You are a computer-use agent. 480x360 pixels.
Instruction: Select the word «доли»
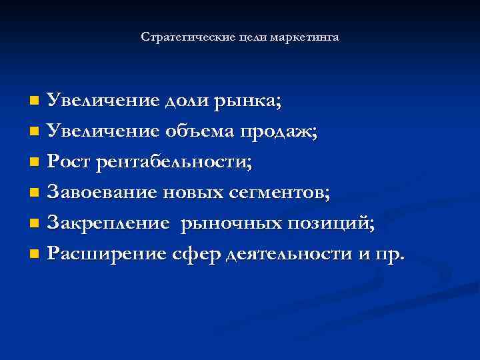[x=187, y=101]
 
